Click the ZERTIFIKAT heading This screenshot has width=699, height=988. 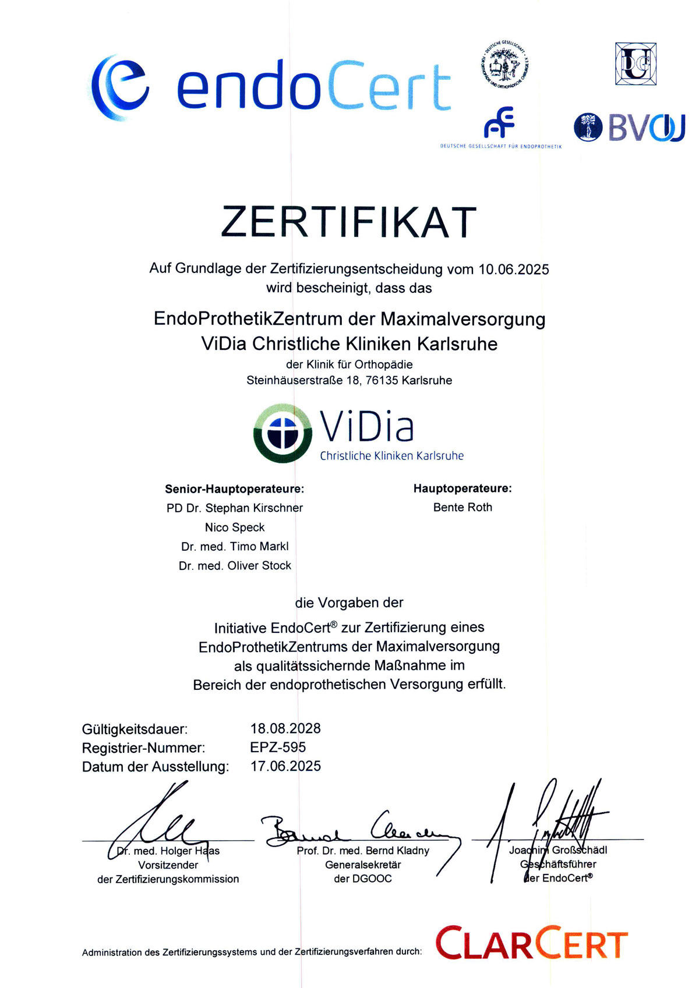click(349, 222)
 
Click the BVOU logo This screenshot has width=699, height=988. click(629, 128)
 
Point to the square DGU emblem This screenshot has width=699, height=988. click(636, 63)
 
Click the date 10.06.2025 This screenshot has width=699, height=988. click(514, 269)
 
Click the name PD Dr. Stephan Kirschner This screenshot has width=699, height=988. click(235, 508)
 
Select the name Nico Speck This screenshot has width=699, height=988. click(235, 527)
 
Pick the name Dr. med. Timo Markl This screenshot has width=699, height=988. click(235, 546)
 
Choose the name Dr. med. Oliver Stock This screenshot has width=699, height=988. click(235, 565)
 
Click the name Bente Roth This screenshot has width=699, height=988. click(463, 507)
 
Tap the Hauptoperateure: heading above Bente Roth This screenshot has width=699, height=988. click(463, 488)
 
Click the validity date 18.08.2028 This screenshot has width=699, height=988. click(285, 728)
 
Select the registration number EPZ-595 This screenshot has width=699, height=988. click(278, 747)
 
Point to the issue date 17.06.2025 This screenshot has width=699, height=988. click(285, 766)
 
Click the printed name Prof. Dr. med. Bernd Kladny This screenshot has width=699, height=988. click(363, 851)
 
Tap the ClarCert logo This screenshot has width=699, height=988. click(531, 944)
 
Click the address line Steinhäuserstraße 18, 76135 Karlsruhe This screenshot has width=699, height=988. click(349, 380)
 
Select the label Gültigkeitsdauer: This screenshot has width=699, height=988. click(135, 729)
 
